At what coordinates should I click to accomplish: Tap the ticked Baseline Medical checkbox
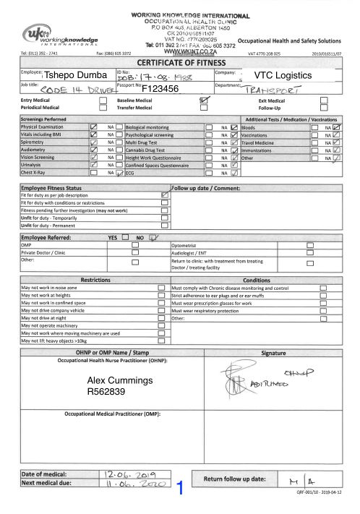(204, 100)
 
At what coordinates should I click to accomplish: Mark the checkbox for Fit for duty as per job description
(165, 195)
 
